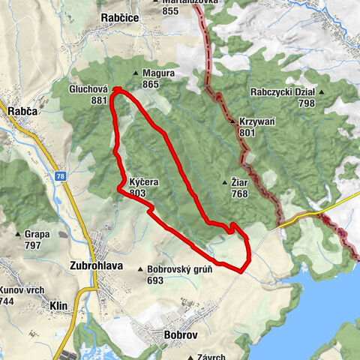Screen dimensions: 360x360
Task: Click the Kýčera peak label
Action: coord(143,182)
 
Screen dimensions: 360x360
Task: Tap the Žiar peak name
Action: coord(239,182)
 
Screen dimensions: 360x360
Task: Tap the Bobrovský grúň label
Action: coord(180,269)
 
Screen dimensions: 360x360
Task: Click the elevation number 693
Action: coord(155,280)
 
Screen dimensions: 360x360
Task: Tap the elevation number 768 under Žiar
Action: coord(239,193)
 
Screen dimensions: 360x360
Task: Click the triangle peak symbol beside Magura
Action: coord(136,73)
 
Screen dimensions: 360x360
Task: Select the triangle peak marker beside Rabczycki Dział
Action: coord(321,93)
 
